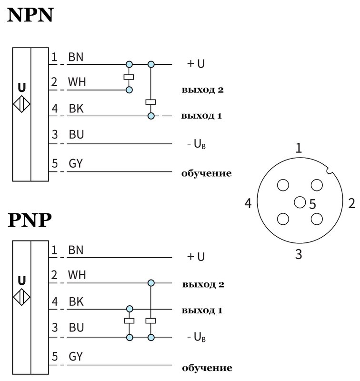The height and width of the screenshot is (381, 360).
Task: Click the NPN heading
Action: (x=30, y=16)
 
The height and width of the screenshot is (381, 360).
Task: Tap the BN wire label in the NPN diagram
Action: (x=76, y=57)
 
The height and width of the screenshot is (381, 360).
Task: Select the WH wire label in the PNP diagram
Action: (x=77, y=275)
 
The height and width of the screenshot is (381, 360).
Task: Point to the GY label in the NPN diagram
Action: (x=76, y=164)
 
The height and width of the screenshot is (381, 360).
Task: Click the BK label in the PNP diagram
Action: (x=76, y=301)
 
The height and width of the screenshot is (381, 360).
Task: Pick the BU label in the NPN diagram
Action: (x=76, y=135)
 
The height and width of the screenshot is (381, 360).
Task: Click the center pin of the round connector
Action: (x=300, y=202)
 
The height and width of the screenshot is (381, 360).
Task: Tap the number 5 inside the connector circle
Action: (x=312, y=205)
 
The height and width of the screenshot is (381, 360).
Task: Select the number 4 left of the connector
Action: (x=248, y=204)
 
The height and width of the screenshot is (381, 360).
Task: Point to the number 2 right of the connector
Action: (x=351, y=204)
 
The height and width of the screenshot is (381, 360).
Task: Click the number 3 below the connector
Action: (x=299, y=254)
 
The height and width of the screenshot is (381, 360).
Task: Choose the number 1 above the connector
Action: (x=299, y=148)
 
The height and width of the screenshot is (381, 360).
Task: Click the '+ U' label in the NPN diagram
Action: (x=196, y=64)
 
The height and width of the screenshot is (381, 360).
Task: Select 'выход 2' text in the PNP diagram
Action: (x=203, y=285)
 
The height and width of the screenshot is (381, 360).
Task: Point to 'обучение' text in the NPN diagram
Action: (x=206, y=173)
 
